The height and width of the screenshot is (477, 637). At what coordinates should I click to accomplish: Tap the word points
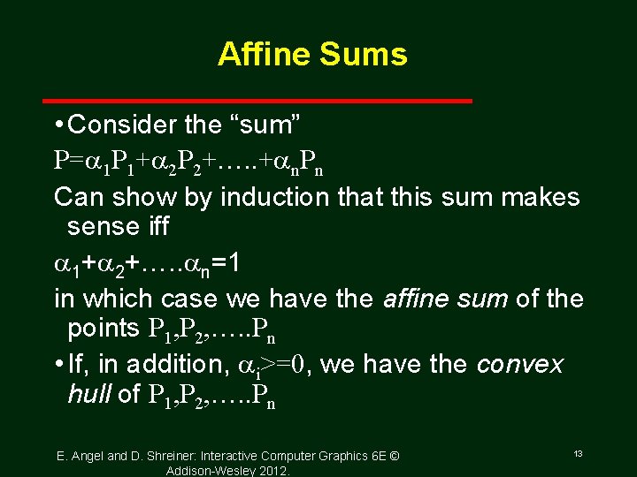(x=102, y=329)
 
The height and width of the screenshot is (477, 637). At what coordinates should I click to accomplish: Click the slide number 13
(x=577, y=453)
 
